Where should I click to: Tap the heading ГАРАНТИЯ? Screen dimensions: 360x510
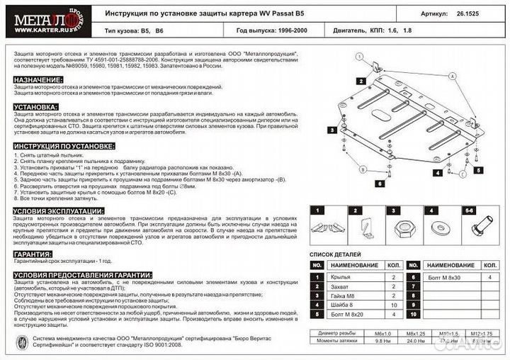33,253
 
